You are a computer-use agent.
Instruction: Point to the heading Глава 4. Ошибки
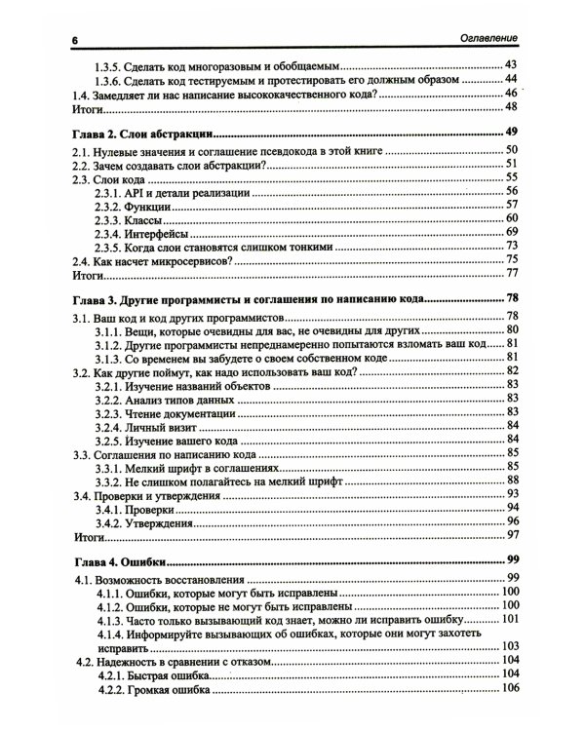tap(121, 560)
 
